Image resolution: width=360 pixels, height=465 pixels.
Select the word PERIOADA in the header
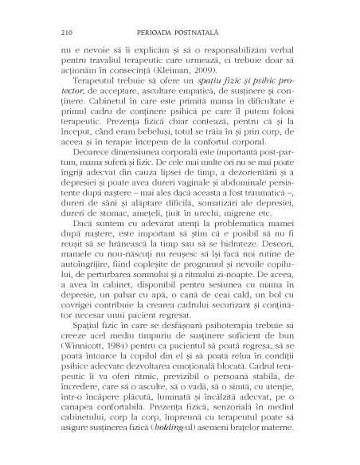165,33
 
